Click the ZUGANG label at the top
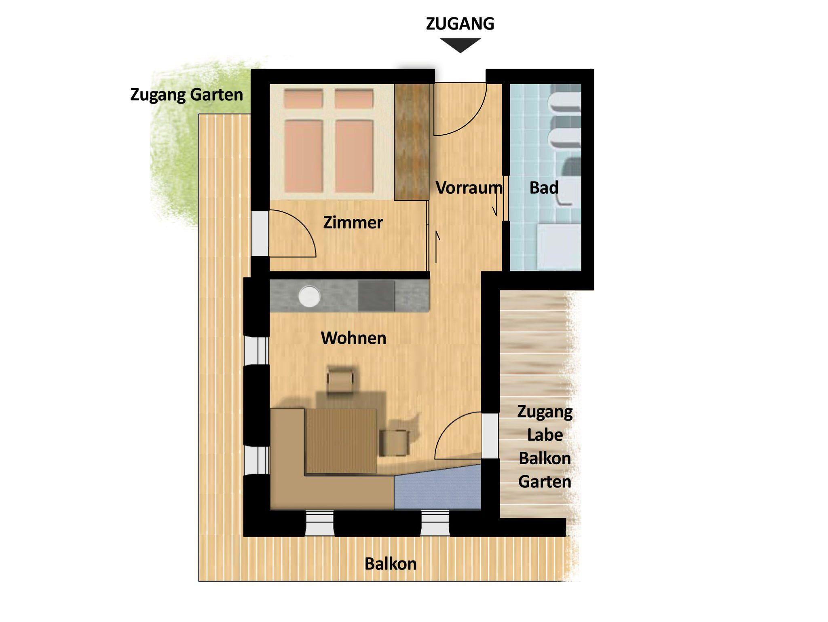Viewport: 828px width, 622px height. pos(460,24)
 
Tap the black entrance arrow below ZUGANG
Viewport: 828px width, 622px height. pos(460,45)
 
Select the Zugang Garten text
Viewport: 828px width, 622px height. pos(186,95)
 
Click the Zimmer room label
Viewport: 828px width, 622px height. pos(353,222)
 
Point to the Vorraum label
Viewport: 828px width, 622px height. pos(469,188)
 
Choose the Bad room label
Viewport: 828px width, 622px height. pos(544,188)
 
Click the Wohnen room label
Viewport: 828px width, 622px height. pos(353,338)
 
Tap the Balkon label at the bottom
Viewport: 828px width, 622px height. pos(391,564)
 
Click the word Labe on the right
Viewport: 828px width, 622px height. pos(545,435)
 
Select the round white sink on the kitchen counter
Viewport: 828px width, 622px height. pos(309,296)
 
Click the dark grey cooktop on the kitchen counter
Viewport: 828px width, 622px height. pos(376,296)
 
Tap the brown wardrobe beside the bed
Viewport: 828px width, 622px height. pos(412,141)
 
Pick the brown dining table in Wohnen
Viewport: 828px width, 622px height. pos(341,440)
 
